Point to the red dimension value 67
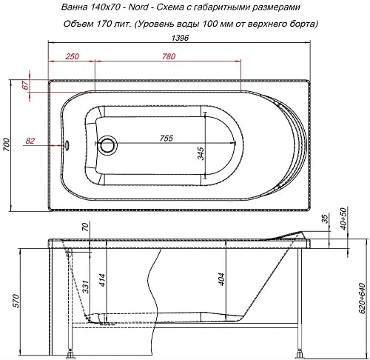tap(25, 87)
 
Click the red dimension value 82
tap(30, 140)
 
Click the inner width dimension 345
tap(201, 153)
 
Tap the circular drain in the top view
tap(110, 144)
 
